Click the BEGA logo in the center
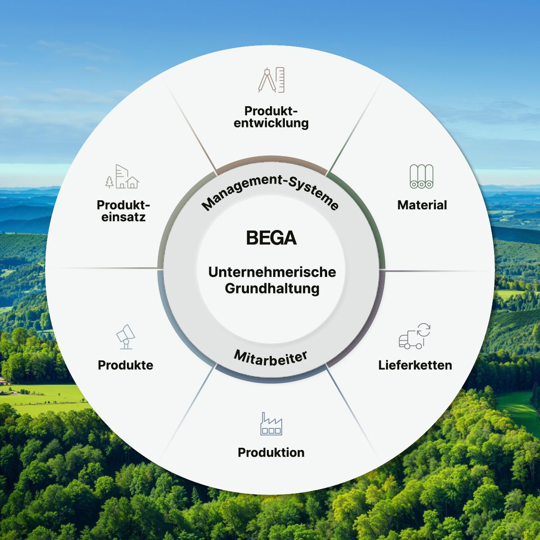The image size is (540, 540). point(271,238)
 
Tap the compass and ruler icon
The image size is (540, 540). point(271,80)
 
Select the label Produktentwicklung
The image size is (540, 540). point(271,117)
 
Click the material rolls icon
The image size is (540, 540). point(422,176)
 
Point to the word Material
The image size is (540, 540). point(422,205)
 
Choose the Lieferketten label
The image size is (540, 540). point(415,365)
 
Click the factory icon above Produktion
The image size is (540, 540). point(271,424)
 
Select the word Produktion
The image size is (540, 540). point(271,452)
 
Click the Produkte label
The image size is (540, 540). point(126,365)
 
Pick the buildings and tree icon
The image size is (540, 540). point(122,176)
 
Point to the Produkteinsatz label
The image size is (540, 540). point(123,211)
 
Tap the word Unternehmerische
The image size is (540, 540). point(272,272)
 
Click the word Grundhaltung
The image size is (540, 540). point(272,288)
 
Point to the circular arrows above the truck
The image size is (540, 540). point(424,330)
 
